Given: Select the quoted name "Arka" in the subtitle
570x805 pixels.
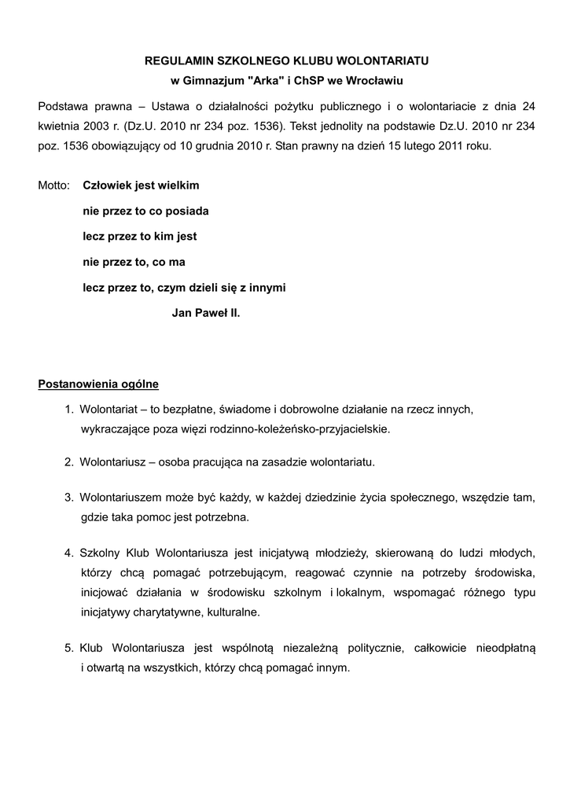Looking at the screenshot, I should pos(262,81).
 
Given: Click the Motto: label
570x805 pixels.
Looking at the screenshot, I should pos(54,186).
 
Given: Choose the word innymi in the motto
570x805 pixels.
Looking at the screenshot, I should pos(266,288).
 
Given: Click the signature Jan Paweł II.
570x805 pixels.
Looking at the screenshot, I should pos(205,313).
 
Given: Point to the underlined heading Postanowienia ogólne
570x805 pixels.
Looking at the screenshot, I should pos(98,384).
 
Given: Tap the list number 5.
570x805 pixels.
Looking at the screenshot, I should pos(69,648).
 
